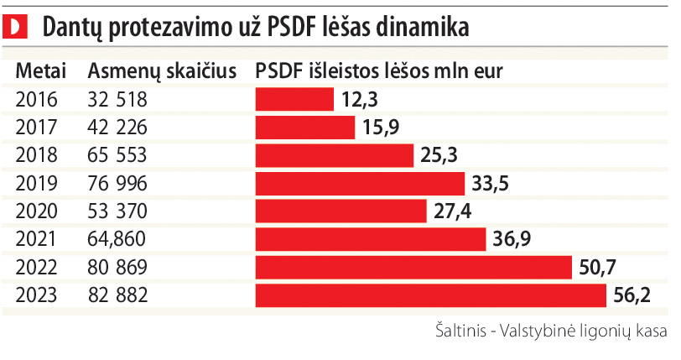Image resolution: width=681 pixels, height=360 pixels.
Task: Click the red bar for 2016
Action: tap(294, 100)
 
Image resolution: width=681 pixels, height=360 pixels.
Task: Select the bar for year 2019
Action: tap(360, 184)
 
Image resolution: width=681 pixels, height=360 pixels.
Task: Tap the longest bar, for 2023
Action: tap(430, 296)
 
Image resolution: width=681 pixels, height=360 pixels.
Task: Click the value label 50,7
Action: tap(598, 268)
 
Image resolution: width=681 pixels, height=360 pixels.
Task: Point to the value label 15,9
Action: tap(382, 128)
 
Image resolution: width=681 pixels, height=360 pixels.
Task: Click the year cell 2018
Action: tap(37, 156)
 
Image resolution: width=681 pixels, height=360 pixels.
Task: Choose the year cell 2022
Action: tap(37, 268)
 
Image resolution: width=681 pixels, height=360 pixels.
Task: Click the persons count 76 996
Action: tap(117, 184)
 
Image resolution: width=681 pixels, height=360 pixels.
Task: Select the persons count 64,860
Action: tap(117, 240)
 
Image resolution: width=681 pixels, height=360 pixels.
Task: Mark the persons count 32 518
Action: tap(117, 100)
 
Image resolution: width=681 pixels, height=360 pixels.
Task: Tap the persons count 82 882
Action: tap(117, 296)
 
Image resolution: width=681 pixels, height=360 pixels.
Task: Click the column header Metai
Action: tap(41, 71)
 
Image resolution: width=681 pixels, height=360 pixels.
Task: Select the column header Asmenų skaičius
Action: tap(161, 71)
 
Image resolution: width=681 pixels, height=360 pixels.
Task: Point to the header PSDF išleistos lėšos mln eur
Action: tap(379, 71)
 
